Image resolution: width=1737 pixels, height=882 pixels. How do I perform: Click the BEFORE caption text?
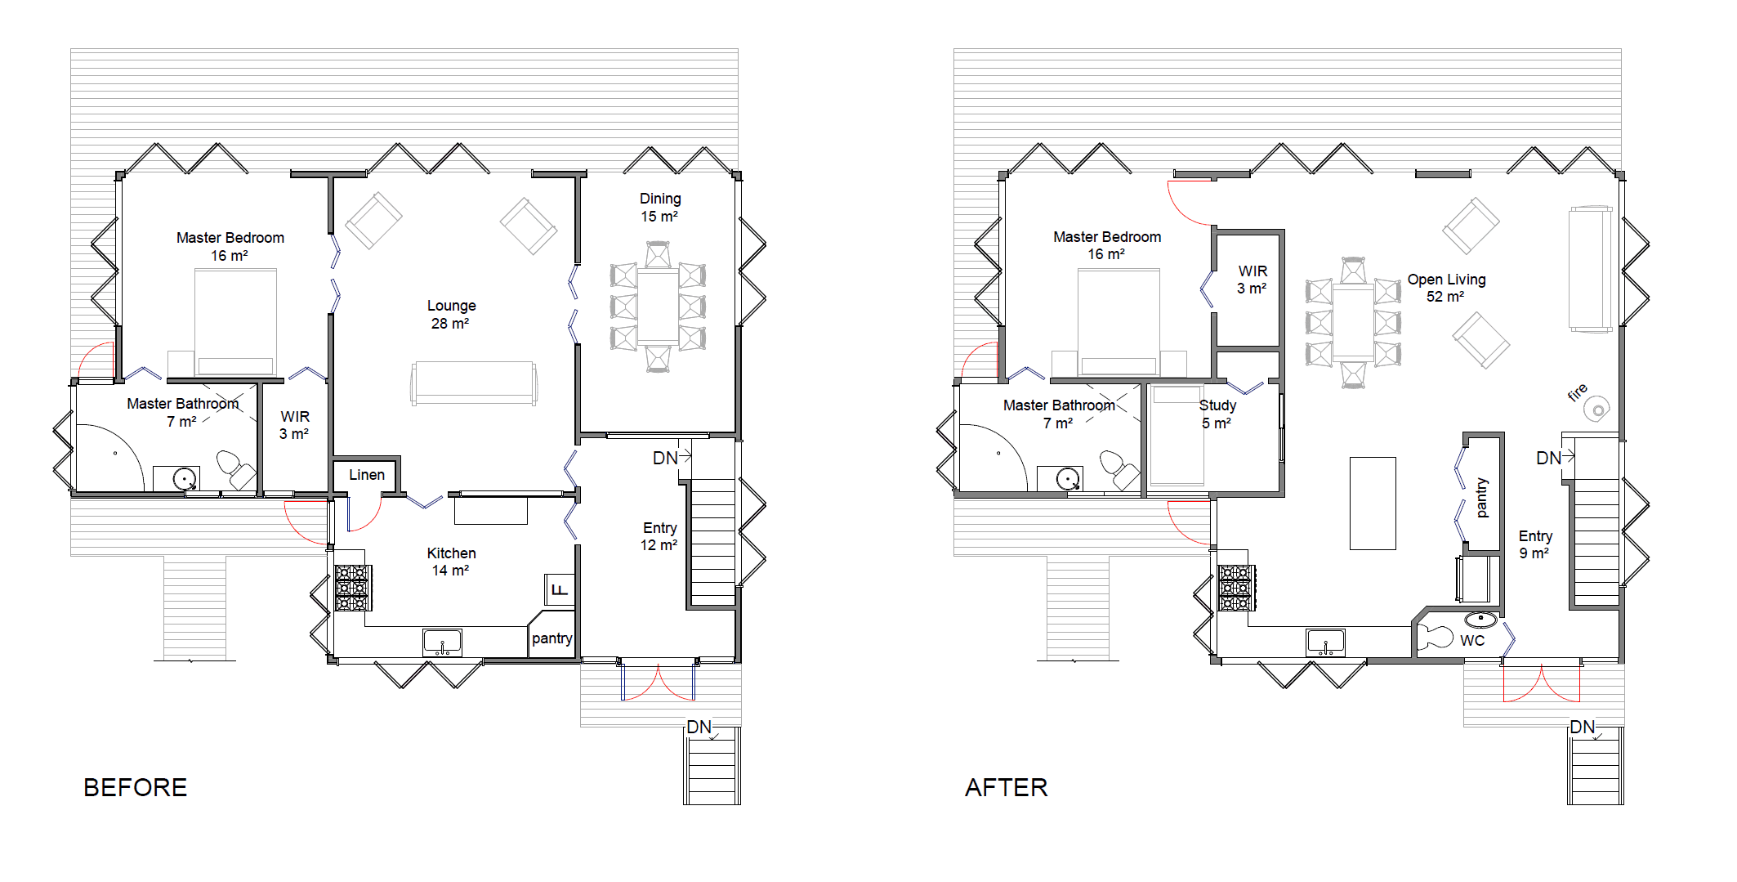(x=136, y=787)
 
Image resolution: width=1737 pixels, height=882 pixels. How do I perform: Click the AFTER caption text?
(x=1007, y=787)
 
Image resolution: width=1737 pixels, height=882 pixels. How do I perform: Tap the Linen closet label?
(x=367, y=475)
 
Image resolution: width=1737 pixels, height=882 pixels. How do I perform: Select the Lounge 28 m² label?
(x=451, y=315)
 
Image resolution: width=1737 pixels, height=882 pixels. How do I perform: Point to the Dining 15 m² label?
(x=660, y=208)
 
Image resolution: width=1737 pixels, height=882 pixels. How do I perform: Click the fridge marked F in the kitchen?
(x=560, y=589)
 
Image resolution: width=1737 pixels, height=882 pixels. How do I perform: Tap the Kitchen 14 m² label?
(x=451, y=562)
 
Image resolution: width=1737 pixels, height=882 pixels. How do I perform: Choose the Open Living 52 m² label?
(x=1446, y=288)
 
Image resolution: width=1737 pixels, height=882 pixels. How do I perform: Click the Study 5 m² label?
(x=1217, y=414)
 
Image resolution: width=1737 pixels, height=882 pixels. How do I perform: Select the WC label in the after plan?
(x=1472, y=641)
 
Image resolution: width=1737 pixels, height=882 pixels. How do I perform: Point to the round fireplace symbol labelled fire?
(x=1596, y=407)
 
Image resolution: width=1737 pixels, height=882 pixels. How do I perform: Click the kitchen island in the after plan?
(x=1373, y=503)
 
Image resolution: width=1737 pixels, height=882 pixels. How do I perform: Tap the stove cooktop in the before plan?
(x=353, y=588)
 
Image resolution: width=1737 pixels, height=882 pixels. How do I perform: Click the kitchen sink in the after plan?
(x=1325, y=642)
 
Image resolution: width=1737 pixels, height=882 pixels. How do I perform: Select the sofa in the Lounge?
(x=474, y=383)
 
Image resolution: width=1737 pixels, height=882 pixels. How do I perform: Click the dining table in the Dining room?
(x=658, y=307)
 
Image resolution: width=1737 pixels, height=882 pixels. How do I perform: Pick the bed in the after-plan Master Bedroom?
(x=1119, y=322)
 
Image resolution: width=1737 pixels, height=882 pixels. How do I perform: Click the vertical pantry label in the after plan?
(x=1482, y=498)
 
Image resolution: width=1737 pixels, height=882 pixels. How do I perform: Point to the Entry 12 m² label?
(x=659, y=536)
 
